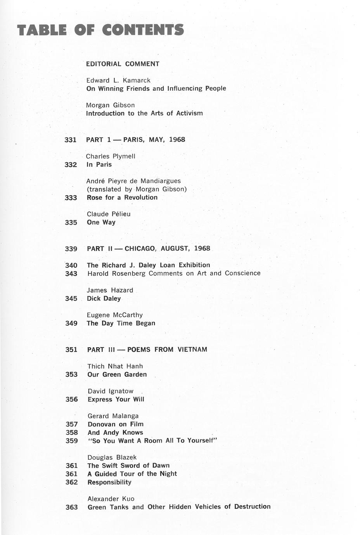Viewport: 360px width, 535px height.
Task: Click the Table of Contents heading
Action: [100, 30]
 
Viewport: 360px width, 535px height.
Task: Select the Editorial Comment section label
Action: [123, 64]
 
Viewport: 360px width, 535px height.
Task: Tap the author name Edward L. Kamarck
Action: [118, 80]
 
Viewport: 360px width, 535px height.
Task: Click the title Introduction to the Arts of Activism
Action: [144, 113]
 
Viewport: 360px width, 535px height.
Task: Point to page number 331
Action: [70, 140]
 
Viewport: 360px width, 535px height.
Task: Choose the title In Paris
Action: [99, 164]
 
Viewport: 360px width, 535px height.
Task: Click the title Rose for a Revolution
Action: [122, 197]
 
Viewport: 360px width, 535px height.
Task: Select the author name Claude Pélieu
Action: [109, 214]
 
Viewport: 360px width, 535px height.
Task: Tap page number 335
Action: [71, 223]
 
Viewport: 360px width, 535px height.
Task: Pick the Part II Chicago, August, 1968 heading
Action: [149, 249]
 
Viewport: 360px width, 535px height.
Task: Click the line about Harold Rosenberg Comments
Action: [174, 274]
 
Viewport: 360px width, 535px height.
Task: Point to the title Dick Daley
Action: [104, 299]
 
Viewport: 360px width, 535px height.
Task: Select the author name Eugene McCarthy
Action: [115, 315]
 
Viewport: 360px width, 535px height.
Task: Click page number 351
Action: [71, 350]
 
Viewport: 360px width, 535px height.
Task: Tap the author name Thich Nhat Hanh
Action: [115, 366]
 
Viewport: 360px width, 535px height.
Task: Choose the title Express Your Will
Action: [116, 400]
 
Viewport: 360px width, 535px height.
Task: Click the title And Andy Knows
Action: [115, 433]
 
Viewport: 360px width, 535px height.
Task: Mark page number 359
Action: [72, 441]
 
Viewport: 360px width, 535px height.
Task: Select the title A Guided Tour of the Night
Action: [132, 474]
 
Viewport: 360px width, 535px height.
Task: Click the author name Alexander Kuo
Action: [111, 499]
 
